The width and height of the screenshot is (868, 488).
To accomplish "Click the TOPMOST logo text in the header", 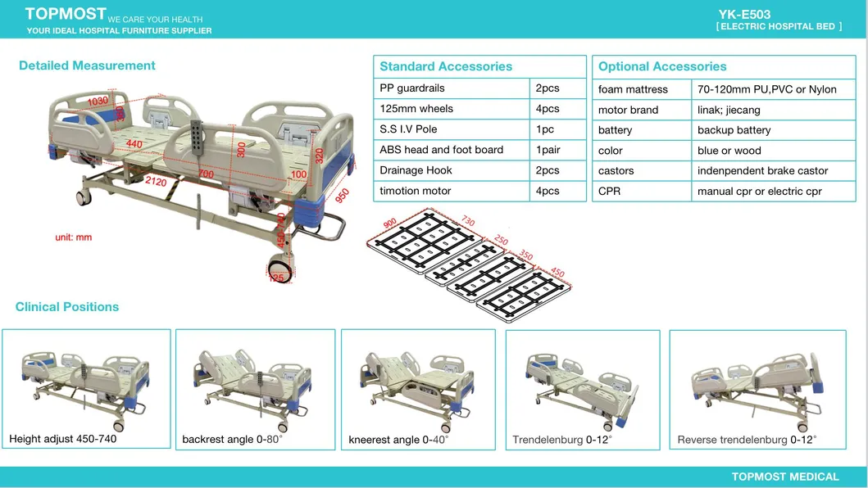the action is coord(66,14).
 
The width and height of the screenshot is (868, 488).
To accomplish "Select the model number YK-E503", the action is coord(744,15).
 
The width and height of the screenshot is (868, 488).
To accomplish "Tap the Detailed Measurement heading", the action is coord(87,66).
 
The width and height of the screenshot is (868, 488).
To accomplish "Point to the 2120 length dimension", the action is coord(156,182).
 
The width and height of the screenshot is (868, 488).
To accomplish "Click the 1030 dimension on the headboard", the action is coord(98,101).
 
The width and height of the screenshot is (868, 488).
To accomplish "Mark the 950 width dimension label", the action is coord(342,196).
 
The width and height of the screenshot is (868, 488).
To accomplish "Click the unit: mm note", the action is coord(74,237).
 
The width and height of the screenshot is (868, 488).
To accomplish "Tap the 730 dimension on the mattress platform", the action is coord(468,221).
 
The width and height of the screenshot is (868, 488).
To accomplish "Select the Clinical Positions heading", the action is coord(67,307).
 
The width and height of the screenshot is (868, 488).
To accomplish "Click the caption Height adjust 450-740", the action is coord(62,439).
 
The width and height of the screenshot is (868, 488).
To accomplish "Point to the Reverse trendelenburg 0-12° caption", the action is coord(747,440).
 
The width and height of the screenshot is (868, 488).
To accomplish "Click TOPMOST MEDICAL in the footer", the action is coord(785,477).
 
